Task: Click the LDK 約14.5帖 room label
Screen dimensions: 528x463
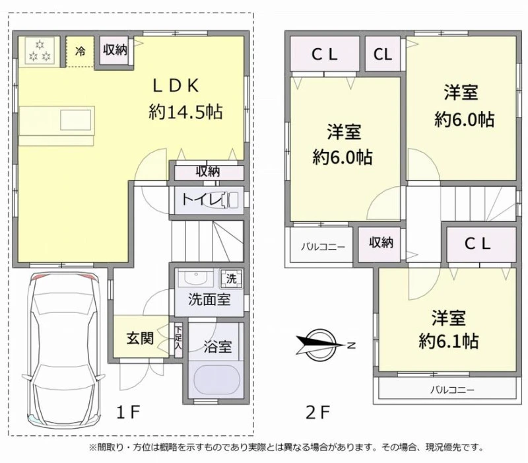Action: point(185,99)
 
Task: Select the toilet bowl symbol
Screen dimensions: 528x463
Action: point(230,200)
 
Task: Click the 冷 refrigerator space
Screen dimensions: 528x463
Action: point(80,52)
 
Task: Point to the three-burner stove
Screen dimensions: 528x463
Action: point(40,51)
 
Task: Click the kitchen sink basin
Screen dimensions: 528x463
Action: point(76,120)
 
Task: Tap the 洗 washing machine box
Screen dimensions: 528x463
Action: point(231,279)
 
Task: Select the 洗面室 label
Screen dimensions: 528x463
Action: point(209,299)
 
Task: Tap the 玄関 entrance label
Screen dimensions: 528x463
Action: point(141,338)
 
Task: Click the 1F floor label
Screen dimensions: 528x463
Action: point(128,411)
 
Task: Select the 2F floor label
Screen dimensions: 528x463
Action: point(317,411)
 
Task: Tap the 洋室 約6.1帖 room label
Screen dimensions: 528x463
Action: point(448,329)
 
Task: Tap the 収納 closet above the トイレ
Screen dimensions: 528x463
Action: point(209,172)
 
